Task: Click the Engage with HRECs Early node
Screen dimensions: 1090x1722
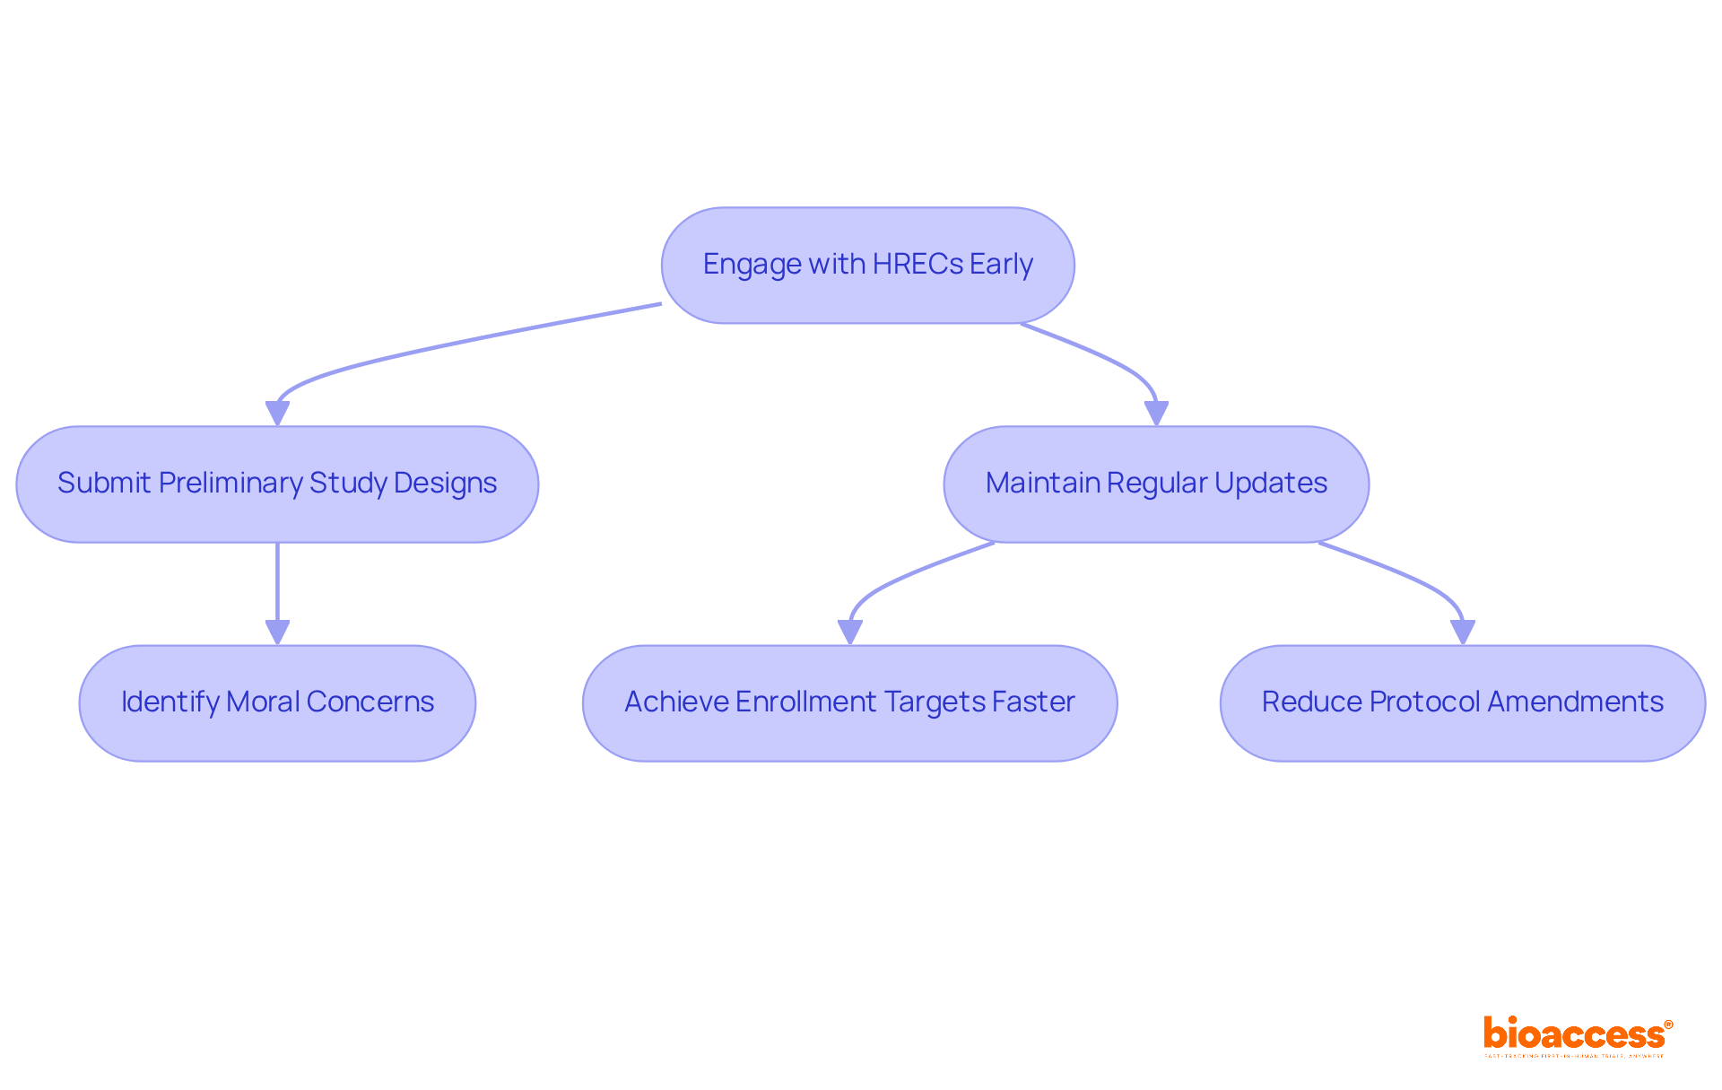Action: [x=867, y=266]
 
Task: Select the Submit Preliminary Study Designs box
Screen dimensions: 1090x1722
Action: [x=277, y=484]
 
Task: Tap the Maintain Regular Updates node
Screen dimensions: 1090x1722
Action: [x=1156, y=484]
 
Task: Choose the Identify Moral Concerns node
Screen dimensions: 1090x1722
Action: [x=277, y=703]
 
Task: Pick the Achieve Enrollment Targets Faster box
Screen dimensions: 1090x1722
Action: [x=849, y=703]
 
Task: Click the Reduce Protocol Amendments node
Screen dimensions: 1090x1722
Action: [x=1462, y=703]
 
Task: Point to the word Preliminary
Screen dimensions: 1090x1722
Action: [x=230, y=484]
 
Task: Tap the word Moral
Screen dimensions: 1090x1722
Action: [x=263, y=702]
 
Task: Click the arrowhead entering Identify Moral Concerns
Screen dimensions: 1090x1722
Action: [x=277, y=632]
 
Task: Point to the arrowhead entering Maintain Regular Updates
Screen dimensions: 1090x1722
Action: [x=1156, y=414]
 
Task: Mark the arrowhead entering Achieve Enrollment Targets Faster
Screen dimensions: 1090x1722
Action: [x=849, y=632]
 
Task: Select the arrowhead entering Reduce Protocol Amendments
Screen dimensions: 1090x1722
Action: [x=1462, y=632]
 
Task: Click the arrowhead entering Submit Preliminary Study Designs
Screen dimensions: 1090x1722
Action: [x=277, y=414]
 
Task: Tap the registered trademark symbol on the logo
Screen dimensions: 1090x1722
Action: [x=1668, y=1025]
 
